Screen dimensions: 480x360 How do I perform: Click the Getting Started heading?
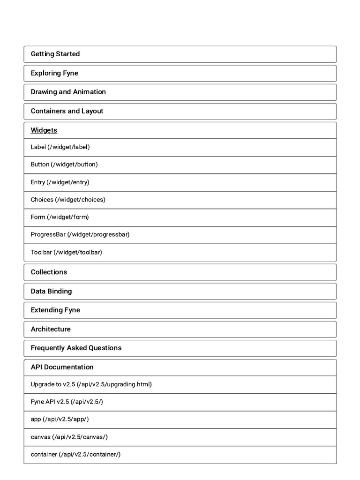[x=55, y=54]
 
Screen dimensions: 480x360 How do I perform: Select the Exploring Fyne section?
[x=54, y=73]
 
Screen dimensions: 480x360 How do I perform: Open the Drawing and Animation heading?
[x=68, y=92]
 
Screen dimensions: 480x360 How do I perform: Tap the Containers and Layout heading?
[x=67, y=111]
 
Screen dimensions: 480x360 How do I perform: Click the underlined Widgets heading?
[x=44, y=130]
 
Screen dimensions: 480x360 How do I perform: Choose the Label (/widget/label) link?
[x=60, y=147]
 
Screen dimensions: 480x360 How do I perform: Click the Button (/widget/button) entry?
[x=64, y=165]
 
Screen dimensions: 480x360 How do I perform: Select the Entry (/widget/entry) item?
[x=60, y=182]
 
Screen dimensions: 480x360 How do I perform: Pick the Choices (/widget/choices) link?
[x=68, y=199]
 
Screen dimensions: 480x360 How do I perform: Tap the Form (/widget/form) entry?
[x=60, y=217]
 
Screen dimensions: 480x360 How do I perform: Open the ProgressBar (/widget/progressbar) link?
[x=80, y=234]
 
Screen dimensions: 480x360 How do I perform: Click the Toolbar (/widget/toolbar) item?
[x=66, y=252]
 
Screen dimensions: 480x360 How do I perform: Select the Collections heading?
[x=49, y=272]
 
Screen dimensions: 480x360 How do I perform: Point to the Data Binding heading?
[x=51, y=291]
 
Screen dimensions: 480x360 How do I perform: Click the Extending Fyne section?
[x=55, y=310]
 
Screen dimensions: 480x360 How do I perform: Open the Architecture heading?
[x=51, y=329]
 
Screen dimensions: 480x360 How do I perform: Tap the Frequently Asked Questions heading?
[x=76, y=348]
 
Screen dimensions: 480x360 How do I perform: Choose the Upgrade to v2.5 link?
[x=91, y=384]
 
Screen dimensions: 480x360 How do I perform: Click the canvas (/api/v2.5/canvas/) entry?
[x=69, y=437]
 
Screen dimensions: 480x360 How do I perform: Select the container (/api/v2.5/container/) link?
[x=75, y=454]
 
